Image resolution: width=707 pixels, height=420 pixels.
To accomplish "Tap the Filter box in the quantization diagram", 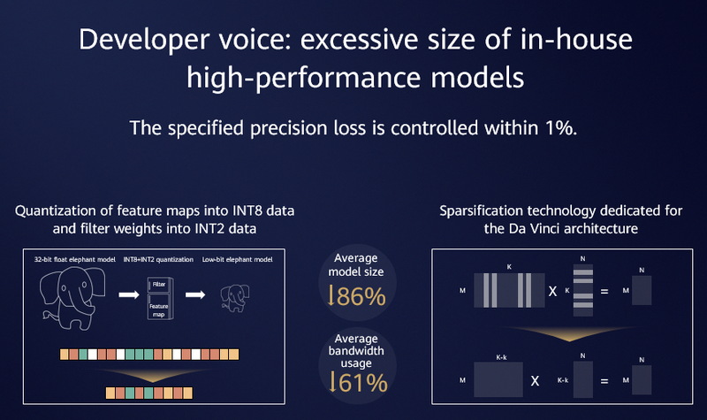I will click(159, 285).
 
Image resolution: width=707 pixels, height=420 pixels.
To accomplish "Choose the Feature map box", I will click(159, 305).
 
